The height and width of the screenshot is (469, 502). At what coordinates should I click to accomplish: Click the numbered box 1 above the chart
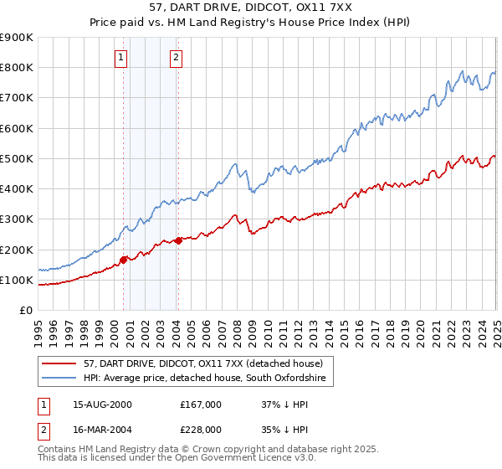click(122, 58)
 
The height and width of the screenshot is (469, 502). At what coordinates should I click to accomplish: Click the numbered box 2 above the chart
click(177, 58)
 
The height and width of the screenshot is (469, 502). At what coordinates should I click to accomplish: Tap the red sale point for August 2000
click(123, 260)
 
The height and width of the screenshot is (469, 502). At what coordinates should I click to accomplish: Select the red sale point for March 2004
click(178, 240)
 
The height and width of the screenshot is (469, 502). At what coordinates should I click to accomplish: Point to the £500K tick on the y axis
click(18, 158)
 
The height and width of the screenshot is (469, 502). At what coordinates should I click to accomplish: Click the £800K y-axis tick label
click(18, 67)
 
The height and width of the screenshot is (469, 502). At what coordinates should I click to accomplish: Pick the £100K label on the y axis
click(18, 280)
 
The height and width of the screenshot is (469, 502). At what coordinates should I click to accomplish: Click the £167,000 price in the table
click(201, 405)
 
